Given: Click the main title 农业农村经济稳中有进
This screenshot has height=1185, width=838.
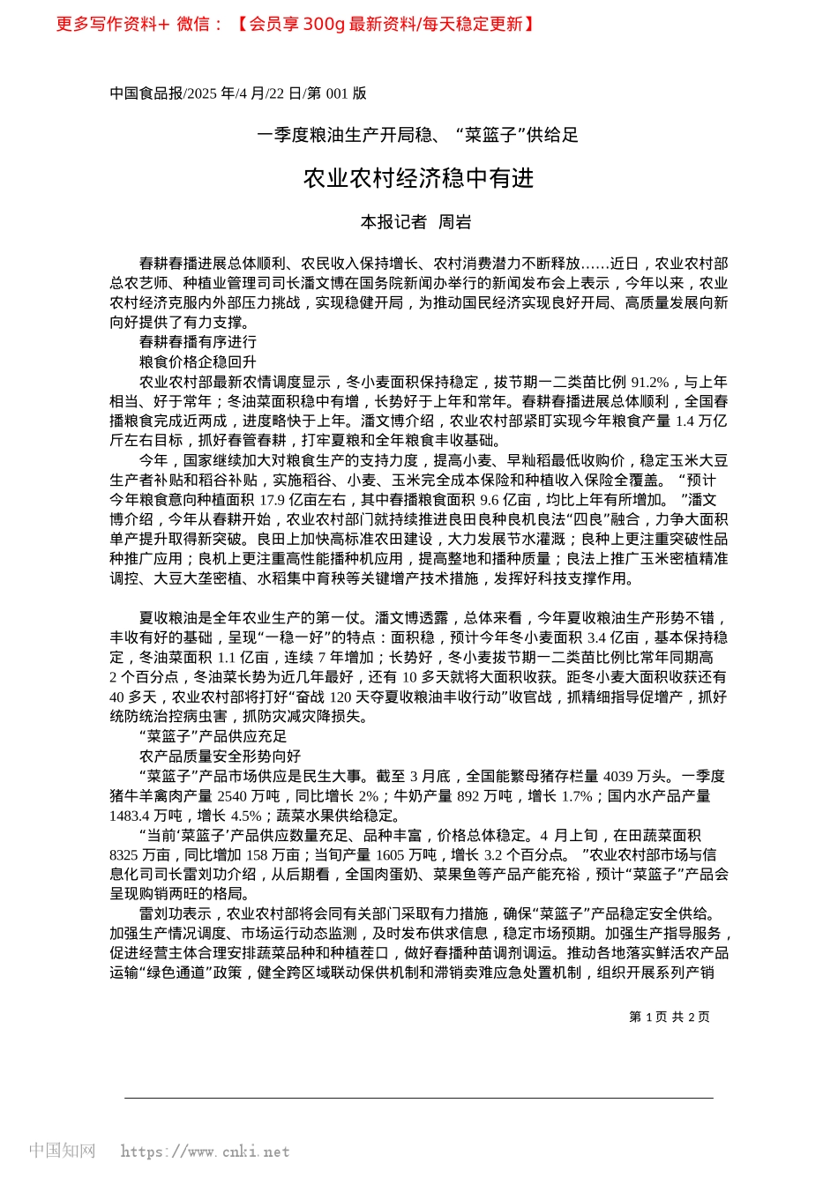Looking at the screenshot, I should tap(418, 179).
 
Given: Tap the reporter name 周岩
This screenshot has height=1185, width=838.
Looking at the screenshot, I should tap(455, 222).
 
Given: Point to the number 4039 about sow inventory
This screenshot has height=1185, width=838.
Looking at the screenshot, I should tap(619, 776).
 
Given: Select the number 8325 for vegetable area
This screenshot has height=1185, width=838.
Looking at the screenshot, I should tap(124, 855).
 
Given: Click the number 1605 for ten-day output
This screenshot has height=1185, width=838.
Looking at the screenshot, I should tap(389, 855).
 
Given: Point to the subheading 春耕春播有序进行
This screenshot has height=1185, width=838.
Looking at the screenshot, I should tap(198, 342).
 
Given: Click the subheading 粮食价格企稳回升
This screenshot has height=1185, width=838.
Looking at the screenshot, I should tap(198, 361).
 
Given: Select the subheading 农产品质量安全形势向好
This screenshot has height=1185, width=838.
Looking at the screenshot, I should tap(220, 756).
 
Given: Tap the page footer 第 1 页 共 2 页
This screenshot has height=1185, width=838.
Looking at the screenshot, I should tap(669, 1017).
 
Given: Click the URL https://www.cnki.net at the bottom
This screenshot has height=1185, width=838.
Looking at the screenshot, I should tap(205, 1151).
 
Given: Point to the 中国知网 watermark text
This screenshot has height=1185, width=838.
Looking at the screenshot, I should tap(62, 1151).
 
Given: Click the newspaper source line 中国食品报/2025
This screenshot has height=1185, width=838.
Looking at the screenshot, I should tap(237, 93).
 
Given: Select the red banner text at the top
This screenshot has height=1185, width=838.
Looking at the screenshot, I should tap(296, 25).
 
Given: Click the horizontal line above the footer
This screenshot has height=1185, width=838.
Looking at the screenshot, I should tap(418, 1098).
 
